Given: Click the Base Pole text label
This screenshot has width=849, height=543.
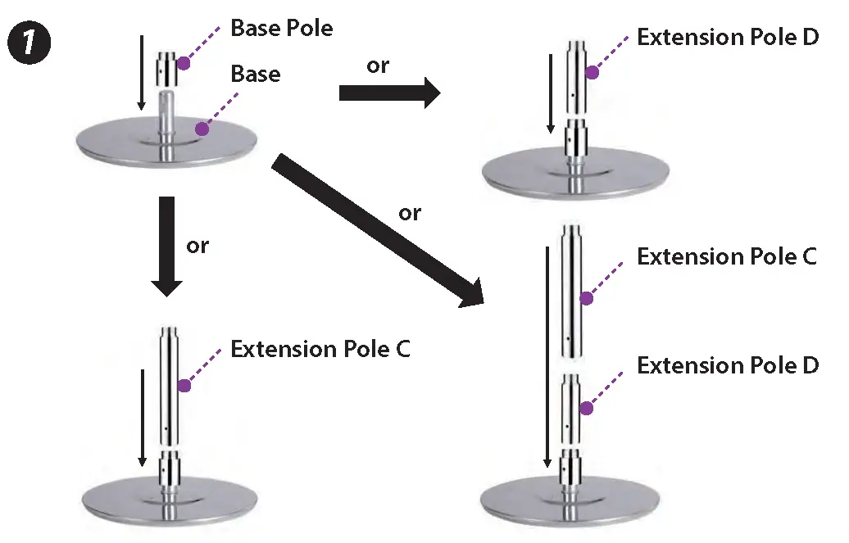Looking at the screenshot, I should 281,28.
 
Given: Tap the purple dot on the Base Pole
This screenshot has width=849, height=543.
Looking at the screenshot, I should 184,62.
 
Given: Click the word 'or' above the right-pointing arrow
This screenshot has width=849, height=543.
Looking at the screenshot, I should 378,66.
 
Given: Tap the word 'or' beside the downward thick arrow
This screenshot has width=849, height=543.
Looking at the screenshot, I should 197,246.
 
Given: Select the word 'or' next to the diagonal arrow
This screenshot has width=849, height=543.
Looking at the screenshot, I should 410,214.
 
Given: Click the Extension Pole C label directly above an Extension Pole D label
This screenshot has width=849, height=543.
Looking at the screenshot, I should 727,256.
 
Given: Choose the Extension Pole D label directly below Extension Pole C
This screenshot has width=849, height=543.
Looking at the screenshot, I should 727,365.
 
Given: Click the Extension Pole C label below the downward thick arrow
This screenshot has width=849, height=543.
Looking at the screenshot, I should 320,349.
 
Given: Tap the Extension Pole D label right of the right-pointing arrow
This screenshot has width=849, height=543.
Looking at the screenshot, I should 727,38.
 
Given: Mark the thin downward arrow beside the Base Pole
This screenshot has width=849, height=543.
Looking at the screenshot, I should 142,72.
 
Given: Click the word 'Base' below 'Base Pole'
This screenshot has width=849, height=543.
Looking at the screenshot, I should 255,75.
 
